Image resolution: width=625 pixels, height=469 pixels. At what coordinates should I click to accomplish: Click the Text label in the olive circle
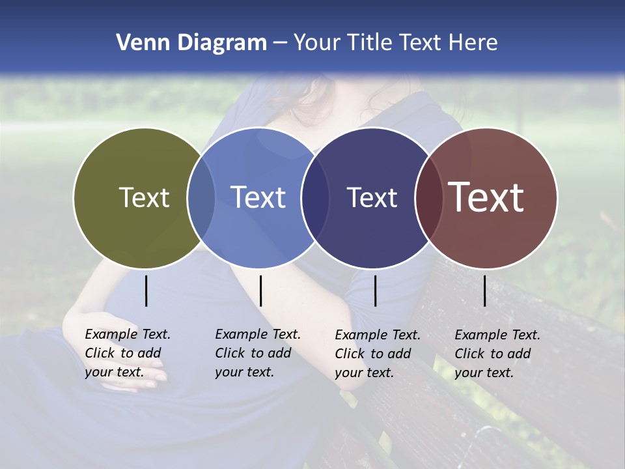[x=144, y=197]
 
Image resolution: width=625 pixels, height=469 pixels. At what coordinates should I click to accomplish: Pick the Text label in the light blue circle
[x=258, y=197]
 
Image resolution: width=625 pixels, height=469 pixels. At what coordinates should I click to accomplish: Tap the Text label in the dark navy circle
[x=372, y=197]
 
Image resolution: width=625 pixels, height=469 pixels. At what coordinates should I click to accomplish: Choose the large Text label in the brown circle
[x=486, y=197]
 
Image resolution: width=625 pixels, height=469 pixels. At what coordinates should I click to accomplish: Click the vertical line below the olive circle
[x=146, y=291]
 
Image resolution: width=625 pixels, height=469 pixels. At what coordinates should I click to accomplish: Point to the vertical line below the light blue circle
[x=260, y=291]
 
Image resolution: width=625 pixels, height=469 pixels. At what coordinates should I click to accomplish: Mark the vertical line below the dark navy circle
[x=375, y=291]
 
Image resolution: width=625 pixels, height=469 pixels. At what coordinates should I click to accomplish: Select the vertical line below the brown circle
[x=485, y=291]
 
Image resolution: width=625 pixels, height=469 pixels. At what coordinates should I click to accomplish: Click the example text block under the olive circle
[x=128, y=353]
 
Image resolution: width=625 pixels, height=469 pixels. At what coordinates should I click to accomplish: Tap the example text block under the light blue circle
[x=258, y=353]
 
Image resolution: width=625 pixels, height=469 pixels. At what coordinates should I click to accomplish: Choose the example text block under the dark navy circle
[x=378, y=354]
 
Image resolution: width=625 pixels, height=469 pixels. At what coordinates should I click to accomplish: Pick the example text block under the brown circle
[x=497, y=354]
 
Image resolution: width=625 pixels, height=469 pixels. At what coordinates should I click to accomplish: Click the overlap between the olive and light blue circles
[x=201, y=197]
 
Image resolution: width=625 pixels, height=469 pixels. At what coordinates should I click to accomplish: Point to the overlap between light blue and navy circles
[x=315, y=197]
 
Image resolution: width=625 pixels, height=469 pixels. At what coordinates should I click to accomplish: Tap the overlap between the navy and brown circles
[x=429, y=197]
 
